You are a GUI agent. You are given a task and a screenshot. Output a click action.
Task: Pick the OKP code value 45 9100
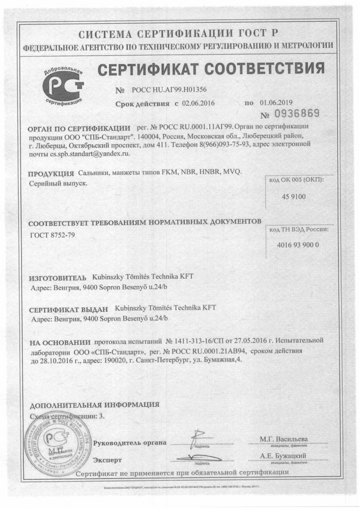click(x=293, y=196)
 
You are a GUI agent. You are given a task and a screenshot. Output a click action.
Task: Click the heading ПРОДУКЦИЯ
click(x=51, y=173)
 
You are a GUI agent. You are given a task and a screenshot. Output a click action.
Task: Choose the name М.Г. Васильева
click(x=284, y=439)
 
